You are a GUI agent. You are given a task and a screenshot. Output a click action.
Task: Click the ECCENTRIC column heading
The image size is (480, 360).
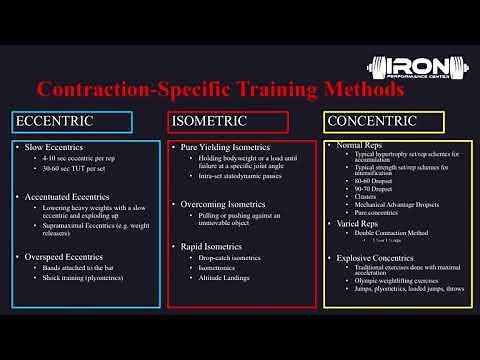pyautogui.click(x=54, y=122)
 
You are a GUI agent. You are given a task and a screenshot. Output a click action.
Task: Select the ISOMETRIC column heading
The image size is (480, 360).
pyautogui.click(x=208, y=122)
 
